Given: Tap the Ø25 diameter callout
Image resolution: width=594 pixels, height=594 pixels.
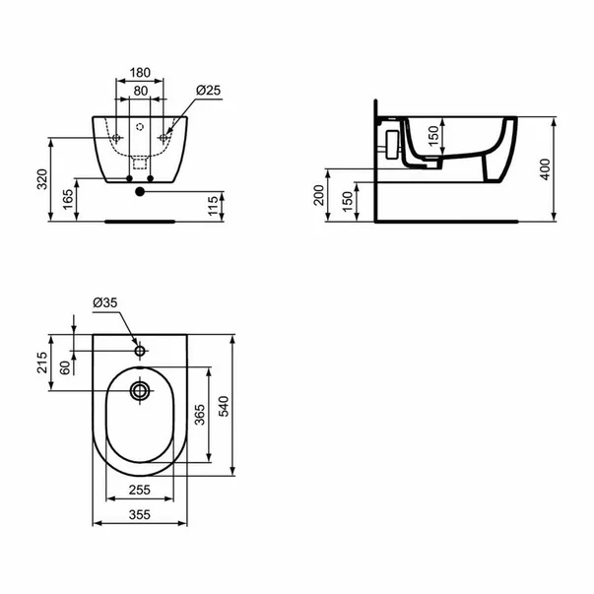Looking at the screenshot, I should coord(209,91).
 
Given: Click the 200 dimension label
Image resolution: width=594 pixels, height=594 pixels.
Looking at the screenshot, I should coord(319,197).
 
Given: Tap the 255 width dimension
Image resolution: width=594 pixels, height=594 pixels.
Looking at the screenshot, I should coord(142,490).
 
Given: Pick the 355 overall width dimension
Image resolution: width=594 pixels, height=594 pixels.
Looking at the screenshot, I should coord(142,515).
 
